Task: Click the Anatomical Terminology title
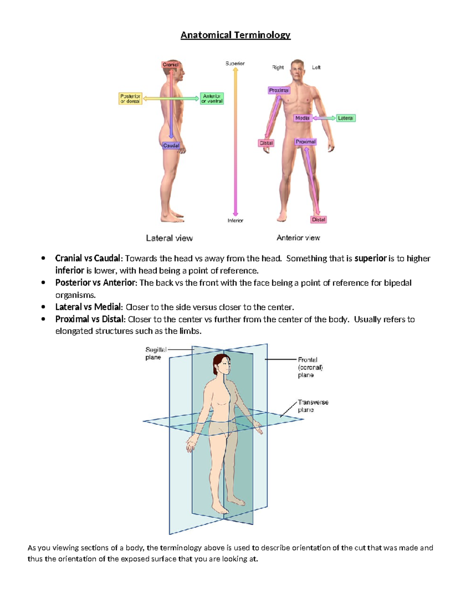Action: click(x=235, y=35)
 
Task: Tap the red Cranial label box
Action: click(x=170, y=65)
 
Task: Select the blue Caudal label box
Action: click(x=171, y=145)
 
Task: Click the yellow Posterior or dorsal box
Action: click(x=130, y=98)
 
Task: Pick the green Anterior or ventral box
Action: click(x=212, y=98)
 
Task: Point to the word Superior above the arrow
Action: click(x=235, y=63)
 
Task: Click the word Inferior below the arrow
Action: click(x=235, y=221)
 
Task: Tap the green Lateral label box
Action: click(x=345, y=118)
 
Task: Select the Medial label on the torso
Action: click(x=302, y=118)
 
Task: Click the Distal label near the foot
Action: click(x=318, y=220)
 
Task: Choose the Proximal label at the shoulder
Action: click(x=279, y=90)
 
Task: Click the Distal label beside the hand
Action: click(x=266, y=143)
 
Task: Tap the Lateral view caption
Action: click(x=169, y=238)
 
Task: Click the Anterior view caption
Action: click(x=298, y=238)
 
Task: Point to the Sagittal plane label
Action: click(x=155, y=353)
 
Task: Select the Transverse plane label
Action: click(x=312, y=406)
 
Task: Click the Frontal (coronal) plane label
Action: click(x=310, y=367)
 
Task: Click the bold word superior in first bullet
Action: click(x=370, y=258)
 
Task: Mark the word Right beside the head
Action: click(x=278, y=67)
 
